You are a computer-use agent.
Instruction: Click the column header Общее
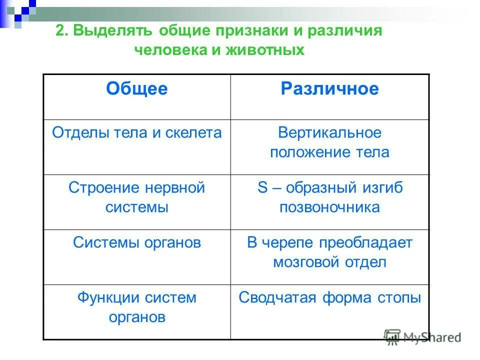pyautogui.click(x=136, y=89)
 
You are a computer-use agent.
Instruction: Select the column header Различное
pyautogui.click(x=329, y=89)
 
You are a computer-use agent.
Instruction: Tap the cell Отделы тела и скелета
pyautogui.click(x=136, y=133)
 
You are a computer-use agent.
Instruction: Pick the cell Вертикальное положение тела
pyautogui.click(x=329, y=142)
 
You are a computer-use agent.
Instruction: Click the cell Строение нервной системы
pyautogui.click(x=136, y=197)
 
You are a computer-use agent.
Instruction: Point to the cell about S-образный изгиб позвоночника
pyautogui.click(x=329, y=197)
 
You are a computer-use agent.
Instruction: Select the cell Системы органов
pyautogui.click(x=136, y=243)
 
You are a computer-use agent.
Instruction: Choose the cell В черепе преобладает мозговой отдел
pyautogui.click(x=329, y=252)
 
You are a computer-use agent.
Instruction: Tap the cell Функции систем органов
pyautogui.click(x=136, y=307)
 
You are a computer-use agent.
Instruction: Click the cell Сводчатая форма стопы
pyautogui.click(x=329, y=298)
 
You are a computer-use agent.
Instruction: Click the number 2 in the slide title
pyautogui.click(x=60, y=30)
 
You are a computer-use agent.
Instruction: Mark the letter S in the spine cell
pyautogui.click(x=262, y=188)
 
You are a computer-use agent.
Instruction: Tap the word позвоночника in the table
pyautogui.click(x=329, y=207)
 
